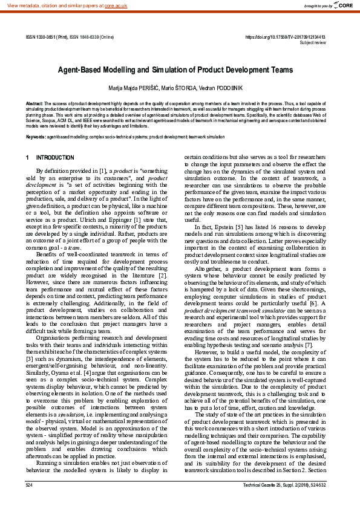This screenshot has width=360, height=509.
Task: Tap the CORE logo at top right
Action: click(343, 5)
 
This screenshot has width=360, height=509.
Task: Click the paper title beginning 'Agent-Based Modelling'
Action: click(175, 70)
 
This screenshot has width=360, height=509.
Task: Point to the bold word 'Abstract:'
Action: click(34, 104)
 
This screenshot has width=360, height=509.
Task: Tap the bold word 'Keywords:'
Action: click(36, 137)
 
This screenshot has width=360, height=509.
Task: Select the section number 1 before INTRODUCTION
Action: click(28, 158)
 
